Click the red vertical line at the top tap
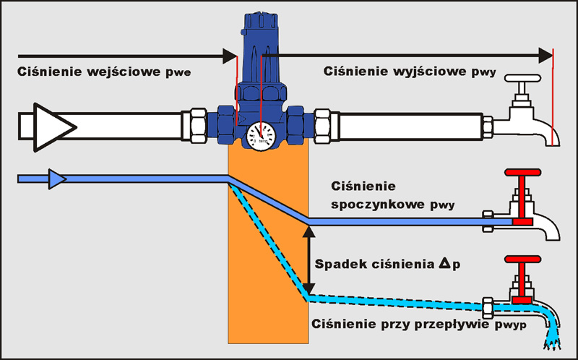[x=553, y=94]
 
